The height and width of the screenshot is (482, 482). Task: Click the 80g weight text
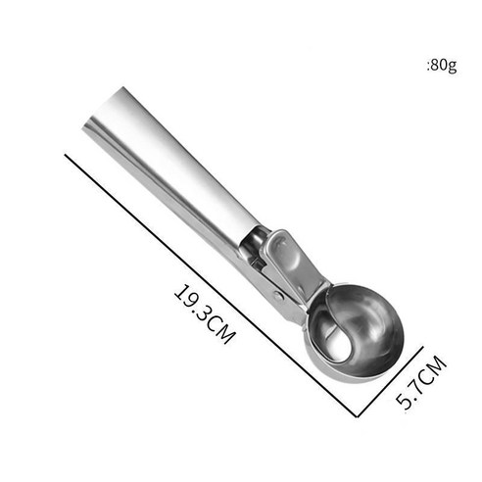(442, 66)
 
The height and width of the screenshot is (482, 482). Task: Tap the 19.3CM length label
(205, 314)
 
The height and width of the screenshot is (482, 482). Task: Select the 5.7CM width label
(421, 382)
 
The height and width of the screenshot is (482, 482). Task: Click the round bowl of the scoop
(357, 333)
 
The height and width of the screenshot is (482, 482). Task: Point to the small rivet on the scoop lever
(278, 296)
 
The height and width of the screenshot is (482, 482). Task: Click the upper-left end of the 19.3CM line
(66, 155)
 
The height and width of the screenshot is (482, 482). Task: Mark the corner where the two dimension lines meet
(358, 416)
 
